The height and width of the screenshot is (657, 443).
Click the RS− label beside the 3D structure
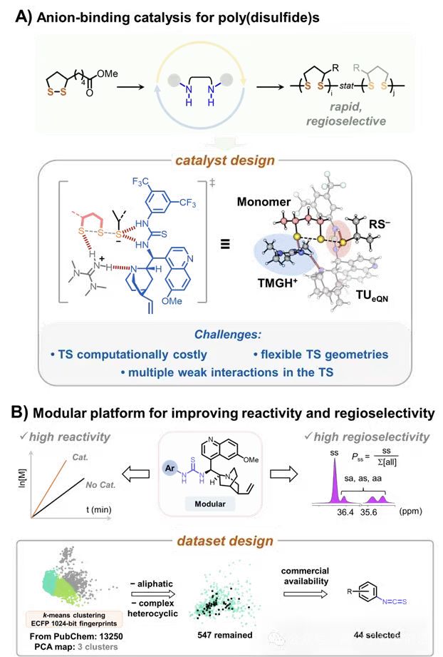coord(390,242)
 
